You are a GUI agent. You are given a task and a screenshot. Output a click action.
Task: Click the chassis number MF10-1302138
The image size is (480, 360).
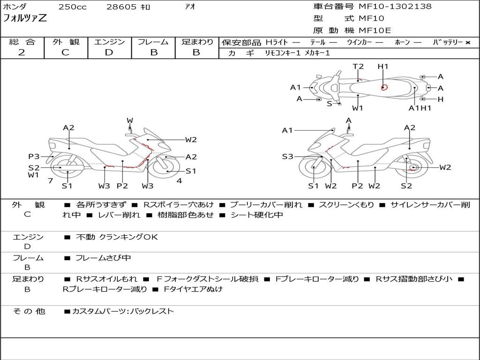click(395, 7)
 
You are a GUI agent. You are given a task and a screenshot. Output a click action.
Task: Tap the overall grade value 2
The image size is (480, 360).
click(22, 52)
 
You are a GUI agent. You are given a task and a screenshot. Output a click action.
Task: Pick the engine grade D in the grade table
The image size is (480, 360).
click(109, 52)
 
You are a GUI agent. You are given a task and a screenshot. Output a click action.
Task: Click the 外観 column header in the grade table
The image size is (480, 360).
click(65, 42)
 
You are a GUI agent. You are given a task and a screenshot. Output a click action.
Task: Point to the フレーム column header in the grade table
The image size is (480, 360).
click(153, 42)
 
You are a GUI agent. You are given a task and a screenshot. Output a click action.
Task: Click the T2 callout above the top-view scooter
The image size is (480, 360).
click(358, 67)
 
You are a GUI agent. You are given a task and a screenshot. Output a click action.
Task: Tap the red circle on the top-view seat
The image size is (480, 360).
click(384, 87)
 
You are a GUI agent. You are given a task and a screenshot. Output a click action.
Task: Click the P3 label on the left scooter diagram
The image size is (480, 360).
click(33, 157)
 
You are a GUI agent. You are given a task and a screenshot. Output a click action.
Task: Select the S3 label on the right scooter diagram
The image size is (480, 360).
click(287, 157)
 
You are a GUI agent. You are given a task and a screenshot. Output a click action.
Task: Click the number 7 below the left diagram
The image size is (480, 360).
click(50, 181)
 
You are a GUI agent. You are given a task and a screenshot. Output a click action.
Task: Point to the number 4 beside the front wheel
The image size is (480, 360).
click(179, 181)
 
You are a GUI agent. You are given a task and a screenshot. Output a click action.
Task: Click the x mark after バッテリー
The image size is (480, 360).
click(467, 43)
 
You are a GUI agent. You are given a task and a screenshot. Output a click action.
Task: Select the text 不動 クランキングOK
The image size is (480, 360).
click(117, 237)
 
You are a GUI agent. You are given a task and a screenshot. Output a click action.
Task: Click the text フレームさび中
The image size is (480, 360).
click(103, 258)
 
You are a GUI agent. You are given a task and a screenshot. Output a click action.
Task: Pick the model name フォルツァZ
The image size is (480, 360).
click(25, 19)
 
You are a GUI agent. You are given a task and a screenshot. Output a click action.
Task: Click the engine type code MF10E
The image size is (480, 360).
click(375, 30)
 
